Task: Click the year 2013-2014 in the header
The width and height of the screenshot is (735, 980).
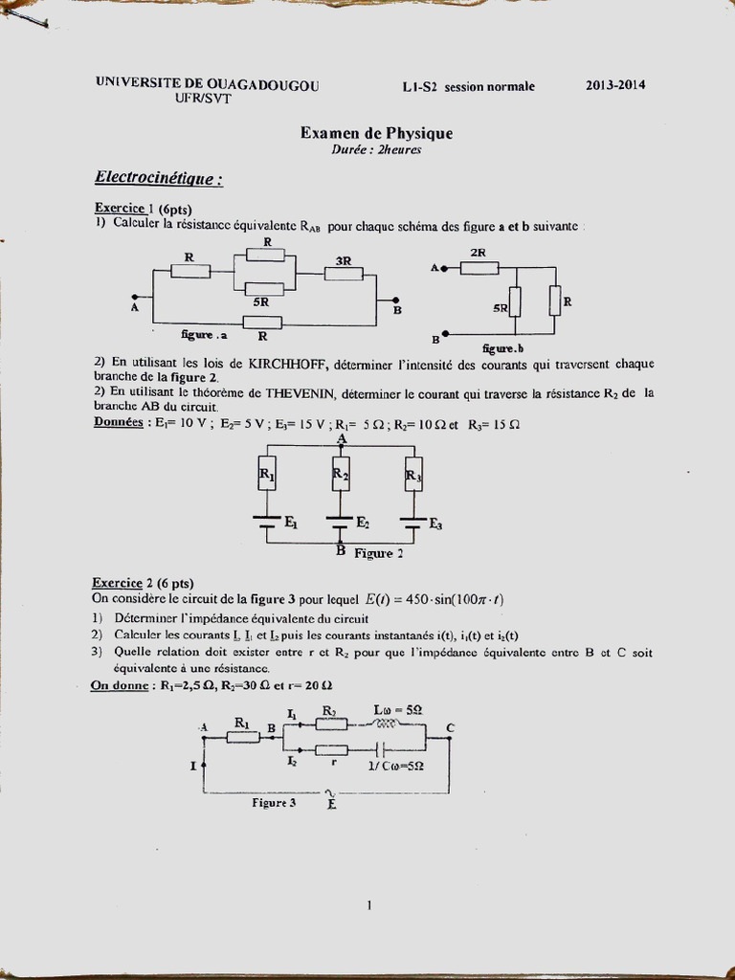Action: tap(615, 85)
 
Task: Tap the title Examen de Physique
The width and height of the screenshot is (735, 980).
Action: tap(376, 134)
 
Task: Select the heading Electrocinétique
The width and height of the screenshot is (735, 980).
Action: tap(158, 178)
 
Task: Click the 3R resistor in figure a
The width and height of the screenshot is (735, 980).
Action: tap(343, 274)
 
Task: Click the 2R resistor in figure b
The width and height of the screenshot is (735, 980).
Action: tap(479, 268)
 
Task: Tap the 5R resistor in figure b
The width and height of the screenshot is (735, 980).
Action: tap(515, 302)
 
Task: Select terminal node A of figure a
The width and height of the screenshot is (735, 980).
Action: tap(135, 297)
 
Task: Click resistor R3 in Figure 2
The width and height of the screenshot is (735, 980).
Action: tap(412, 474)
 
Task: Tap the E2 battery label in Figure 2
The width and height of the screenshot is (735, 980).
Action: tap(363, 523)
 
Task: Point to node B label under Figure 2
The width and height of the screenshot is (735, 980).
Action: tap(341, 550)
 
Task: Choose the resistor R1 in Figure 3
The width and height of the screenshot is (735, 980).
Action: tap(241, 738)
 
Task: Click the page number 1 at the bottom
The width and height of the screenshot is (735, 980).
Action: tap(368, 904)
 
